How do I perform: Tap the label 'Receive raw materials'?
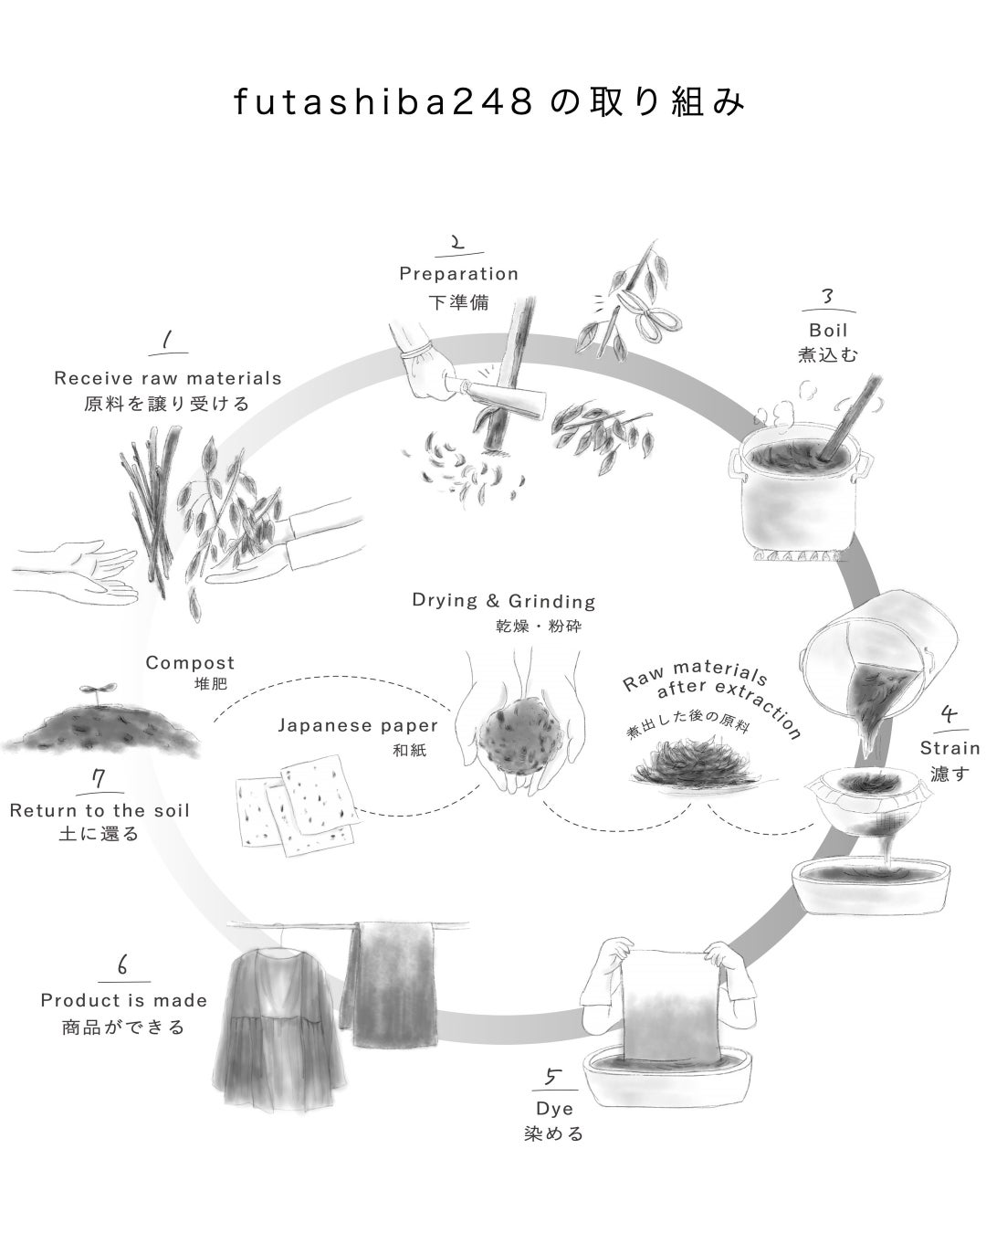click(168, 378)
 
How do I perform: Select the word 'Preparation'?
click(458, 273)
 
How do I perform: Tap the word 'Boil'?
click(828, 330)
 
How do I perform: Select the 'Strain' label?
click(949, 748)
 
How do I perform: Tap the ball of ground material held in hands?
click(515, 734)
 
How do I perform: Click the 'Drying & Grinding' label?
click(504, 601)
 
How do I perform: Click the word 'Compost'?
click(190, 663)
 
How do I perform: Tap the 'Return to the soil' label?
click(100, 810)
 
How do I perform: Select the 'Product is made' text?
click(124, 1000)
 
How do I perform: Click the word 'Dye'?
click(555, 1108)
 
